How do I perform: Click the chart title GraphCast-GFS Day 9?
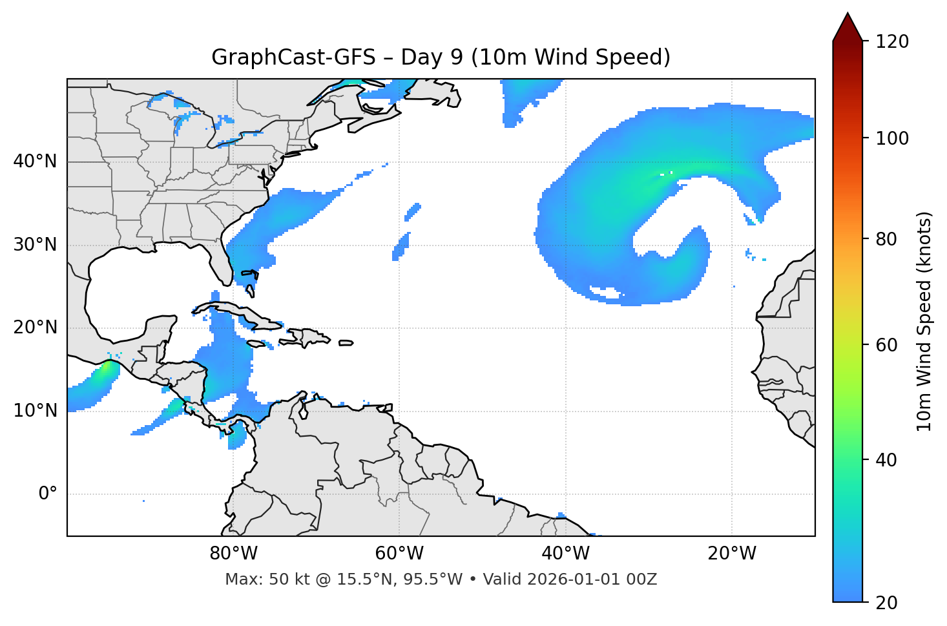[x=441, y=57]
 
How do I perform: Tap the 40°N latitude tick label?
[x=35, y=161]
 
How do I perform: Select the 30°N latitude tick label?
[x=35, y=245]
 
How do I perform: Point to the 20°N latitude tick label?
[x=35, y=328]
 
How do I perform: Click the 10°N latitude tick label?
[x=35, y=410]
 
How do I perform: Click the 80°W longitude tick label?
[x=233, y=554]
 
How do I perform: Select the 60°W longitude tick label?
[x=399, y=554]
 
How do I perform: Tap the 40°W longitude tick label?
[x=565, y=554]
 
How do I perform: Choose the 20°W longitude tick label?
[x=731, y=554]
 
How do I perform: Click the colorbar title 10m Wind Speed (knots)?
[x=924, y=321]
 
